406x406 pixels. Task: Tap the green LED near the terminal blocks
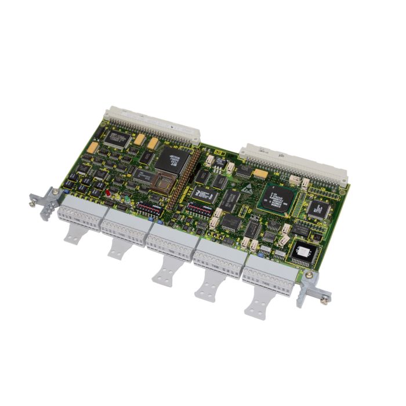tap(127, 199)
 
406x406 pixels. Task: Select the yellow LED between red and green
tap(118, 195)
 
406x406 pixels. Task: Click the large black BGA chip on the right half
tap(278, 195)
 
